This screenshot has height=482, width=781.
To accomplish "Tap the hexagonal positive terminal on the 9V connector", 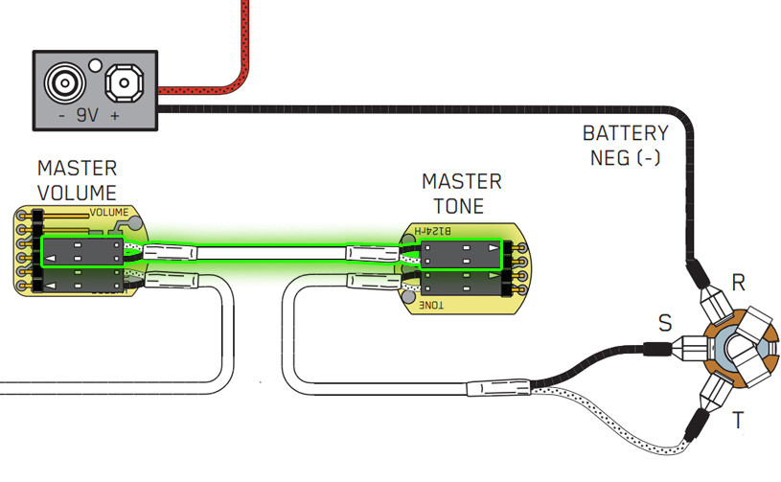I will [124, 84].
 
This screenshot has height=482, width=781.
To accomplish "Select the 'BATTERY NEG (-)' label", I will [625, 144].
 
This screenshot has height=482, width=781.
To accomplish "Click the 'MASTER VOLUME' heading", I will [77, 181].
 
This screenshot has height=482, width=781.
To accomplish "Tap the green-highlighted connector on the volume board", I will [82, 251].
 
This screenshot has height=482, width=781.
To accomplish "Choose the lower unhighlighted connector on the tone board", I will [459, 284].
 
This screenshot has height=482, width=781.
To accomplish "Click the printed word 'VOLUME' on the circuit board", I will [108, 213].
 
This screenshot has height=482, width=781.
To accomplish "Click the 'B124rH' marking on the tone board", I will [437, 231].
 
